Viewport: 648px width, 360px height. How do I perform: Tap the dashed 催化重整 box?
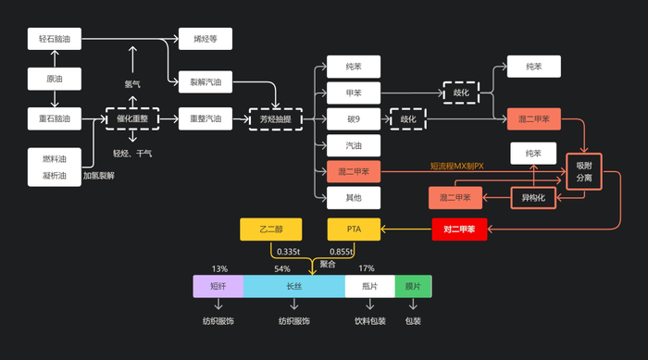click(132, 118)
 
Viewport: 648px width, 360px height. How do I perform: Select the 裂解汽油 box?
click(205, 81)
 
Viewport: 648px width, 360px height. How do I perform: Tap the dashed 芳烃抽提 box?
click(276, 118)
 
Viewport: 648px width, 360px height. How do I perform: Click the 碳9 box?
click(354, 118)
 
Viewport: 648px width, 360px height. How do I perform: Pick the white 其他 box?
click(354, 196)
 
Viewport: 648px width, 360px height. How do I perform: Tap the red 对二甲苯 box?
click(460, 228)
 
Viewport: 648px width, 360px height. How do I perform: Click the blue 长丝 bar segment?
click(294, 286)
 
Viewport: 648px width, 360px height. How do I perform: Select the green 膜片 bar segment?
click(413, 286)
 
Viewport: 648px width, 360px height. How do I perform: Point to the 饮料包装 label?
click(369, 321)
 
